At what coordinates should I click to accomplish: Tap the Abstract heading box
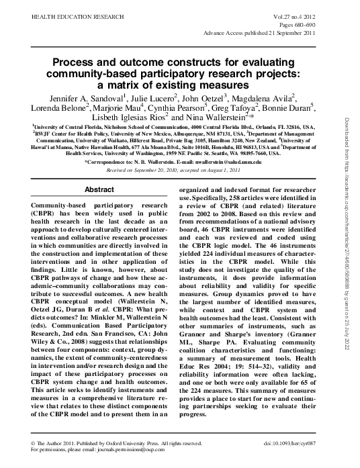pos(99,189)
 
